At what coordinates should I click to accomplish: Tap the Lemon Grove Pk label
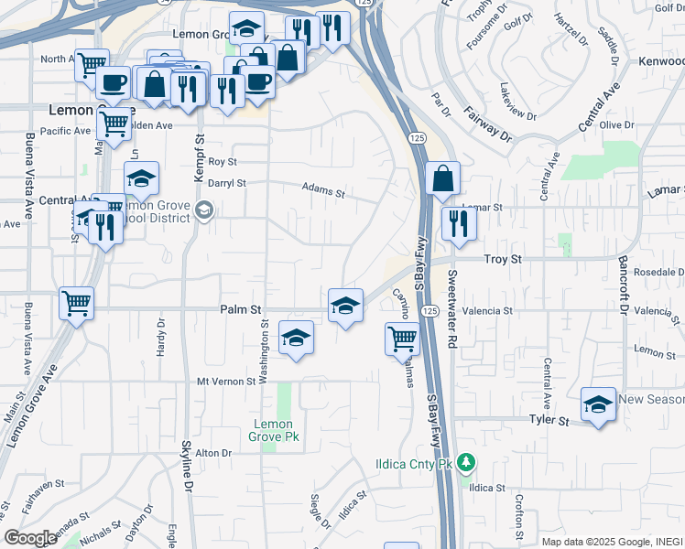272,430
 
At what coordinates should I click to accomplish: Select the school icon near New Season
598,404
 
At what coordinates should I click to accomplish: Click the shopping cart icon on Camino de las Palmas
402,339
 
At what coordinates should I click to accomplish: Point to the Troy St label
502,260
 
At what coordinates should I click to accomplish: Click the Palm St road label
242,310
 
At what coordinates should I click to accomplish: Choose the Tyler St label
549,420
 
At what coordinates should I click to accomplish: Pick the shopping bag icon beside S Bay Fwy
442,179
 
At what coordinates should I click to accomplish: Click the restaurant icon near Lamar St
459,223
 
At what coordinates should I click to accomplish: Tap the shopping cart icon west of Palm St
76,303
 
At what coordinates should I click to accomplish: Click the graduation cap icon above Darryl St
141,178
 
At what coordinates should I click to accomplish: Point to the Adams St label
324,193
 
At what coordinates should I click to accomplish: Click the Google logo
30,538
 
